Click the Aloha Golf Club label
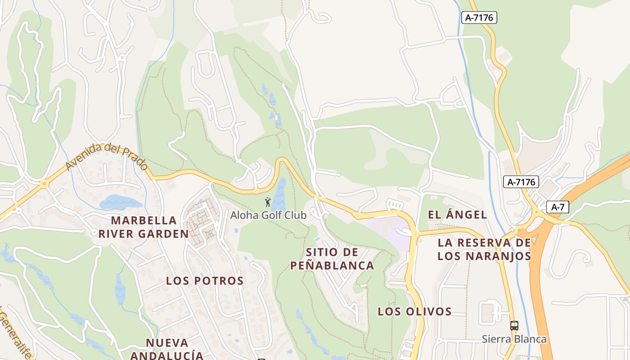(268, 215)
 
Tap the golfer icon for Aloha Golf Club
(268, 202)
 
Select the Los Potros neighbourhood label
(205, 281)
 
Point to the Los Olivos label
(414, 311)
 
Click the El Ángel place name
(457, 215)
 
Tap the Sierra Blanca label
(514, 339)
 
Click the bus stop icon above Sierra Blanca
(514, 325)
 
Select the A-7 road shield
(558, 207)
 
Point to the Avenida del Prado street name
(106, 156)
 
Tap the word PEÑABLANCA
(332, 265)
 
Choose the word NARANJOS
(500, 256)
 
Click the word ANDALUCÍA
(167, 355)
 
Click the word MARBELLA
(144, 220)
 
